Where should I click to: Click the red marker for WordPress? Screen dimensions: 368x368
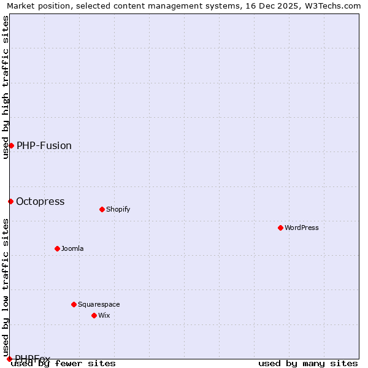(280, 228)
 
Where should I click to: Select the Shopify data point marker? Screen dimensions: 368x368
(102, 209)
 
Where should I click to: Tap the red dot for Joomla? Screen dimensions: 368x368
(57, 248)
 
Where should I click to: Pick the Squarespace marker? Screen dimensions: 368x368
(74, 304)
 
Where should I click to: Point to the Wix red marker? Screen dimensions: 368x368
(94, 315)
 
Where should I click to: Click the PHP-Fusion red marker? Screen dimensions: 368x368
(11, 145)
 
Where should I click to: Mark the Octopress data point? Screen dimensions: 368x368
(10, 201)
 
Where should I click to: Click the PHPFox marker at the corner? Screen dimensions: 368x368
(9, 359)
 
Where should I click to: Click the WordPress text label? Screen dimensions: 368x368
(302, 228)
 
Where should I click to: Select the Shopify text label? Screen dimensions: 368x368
(118, 209)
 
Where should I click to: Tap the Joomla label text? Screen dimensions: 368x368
(72, 248)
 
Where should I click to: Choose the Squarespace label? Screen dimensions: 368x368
(99, 304)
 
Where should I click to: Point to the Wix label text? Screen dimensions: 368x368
(104, 315)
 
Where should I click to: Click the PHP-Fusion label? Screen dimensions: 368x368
(44, 145)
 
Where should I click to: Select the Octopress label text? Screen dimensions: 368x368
(40, 201)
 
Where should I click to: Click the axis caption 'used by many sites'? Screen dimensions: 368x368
(308, 363)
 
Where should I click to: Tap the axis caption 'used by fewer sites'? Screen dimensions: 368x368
(64, 363)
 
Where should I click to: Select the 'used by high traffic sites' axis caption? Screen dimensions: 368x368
(6, 87)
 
